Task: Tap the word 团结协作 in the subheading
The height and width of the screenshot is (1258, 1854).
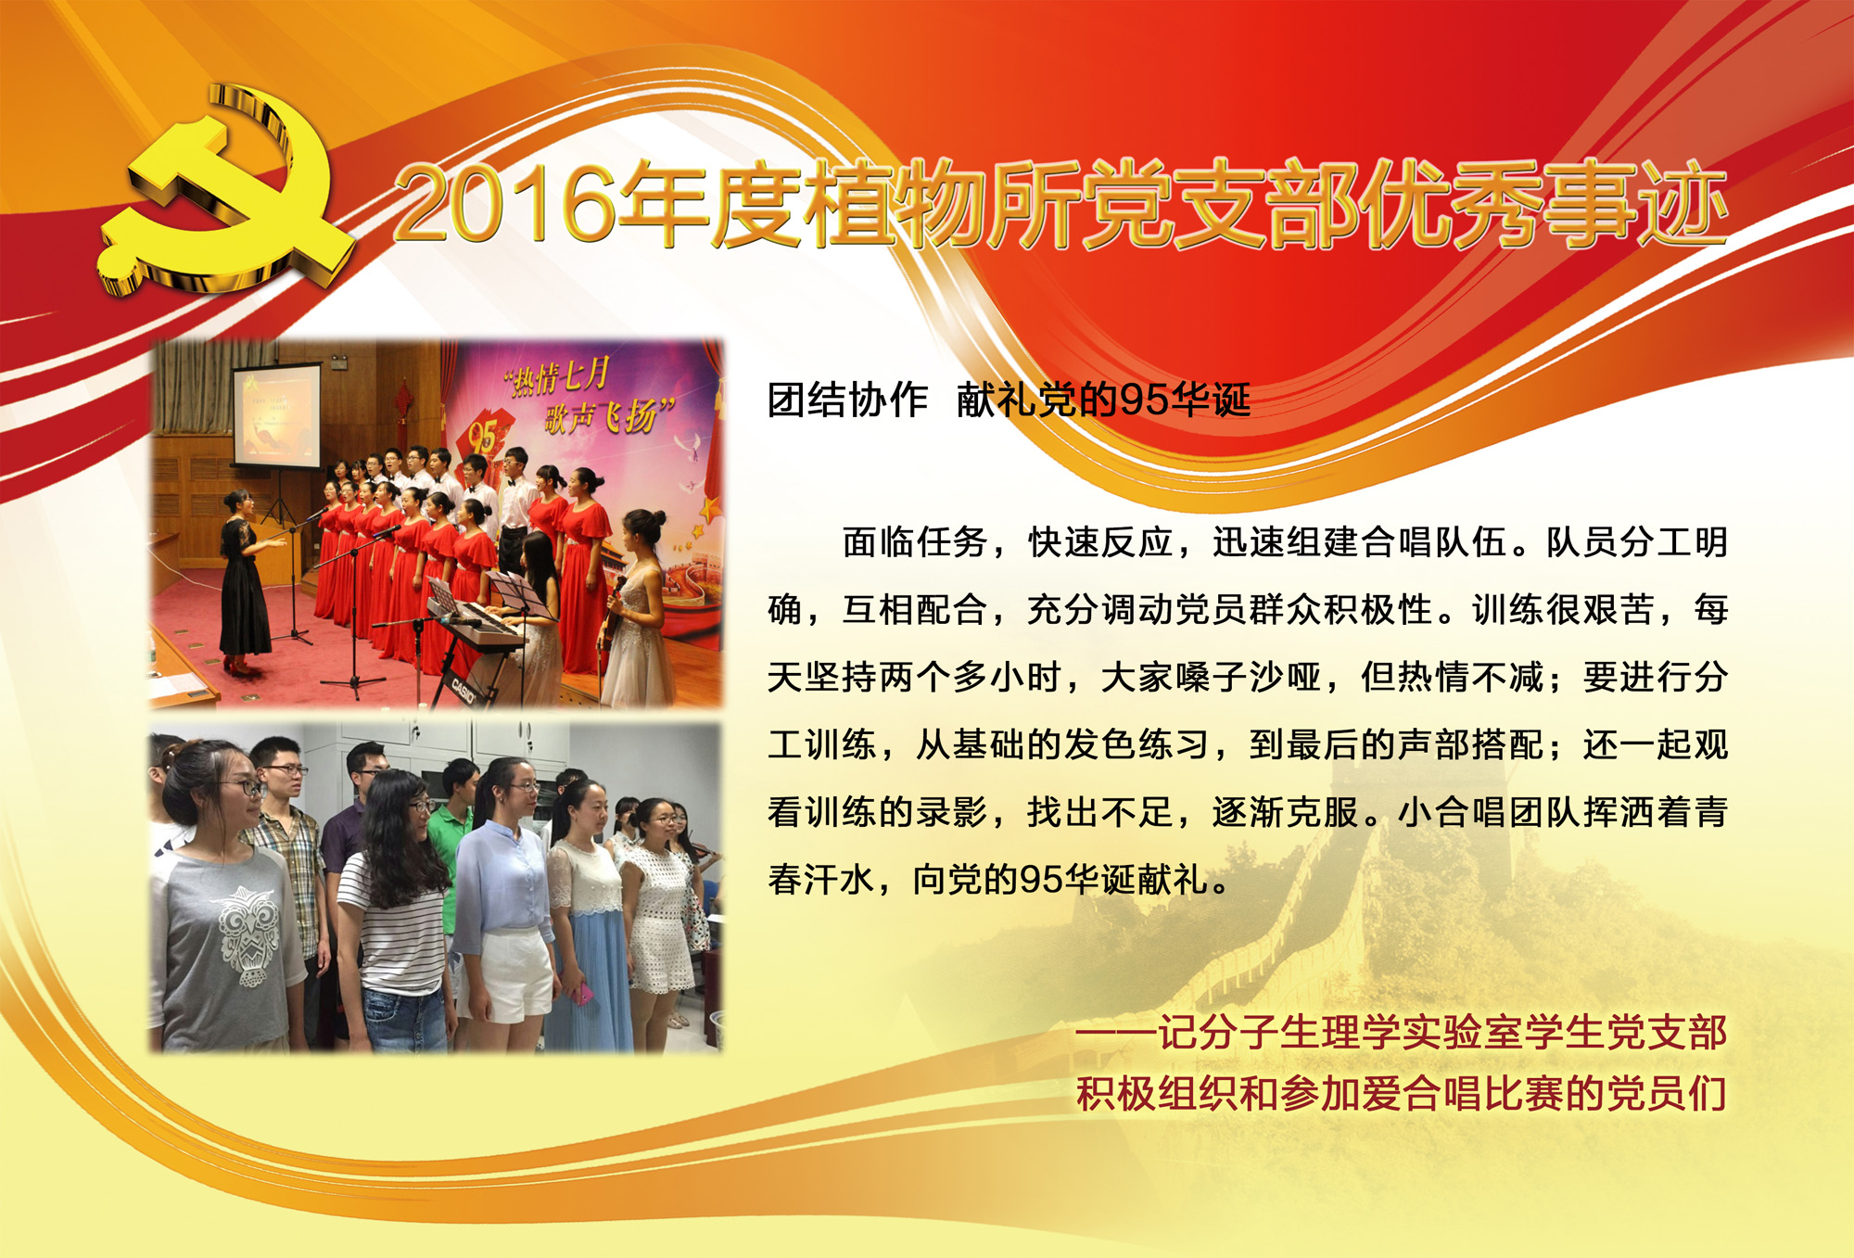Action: tap(847, 400)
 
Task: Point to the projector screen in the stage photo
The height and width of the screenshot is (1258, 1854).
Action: tap(276, 416)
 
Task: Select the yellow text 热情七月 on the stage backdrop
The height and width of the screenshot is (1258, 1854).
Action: tap(557, 377)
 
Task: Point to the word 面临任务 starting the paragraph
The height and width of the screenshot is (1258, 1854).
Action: tap(914, 542)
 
